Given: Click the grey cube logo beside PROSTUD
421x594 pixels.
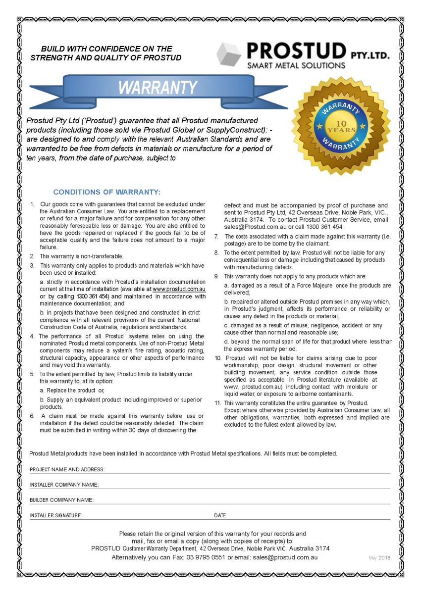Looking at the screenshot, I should (x=229, y=54).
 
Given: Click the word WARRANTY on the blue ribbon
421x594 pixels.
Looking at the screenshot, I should (x=158, y=88).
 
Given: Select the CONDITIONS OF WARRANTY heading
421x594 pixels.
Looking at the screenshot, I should (x=107, y=192).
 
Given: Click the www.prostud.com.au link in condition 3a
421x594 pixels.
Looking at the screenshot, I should (x=179, y=289).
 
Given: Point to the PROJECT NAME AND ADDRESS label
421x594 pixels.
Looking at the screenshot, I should (x=67, y=469).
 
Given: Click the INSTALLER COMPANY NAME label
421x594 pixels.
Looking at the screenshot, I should (x=64, y=485).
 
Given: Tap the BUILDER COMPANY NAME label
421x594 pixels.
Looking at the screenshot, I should (x=61, y=500).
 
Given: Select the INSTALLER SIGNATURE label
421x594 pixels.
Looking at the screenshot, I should (x=56, y=515).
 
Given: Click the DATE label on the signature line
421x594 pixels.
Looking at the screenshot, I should (x=220, y=515).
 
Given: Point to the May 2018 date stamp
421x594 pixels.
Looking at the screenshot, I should (x=379, y=558).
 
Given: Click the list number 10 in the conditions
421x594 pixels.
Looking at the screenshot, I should (x=217, y=358).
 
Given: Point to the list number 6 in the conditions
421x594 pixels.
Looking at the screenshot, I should (x=32, y=416).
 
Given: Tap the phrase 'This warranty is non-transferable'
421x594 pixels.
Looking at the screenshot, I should (x=81, y=256).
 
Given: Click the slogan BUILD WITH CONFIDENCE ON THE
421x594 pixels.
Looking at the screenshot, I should (x=106, y=49).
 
